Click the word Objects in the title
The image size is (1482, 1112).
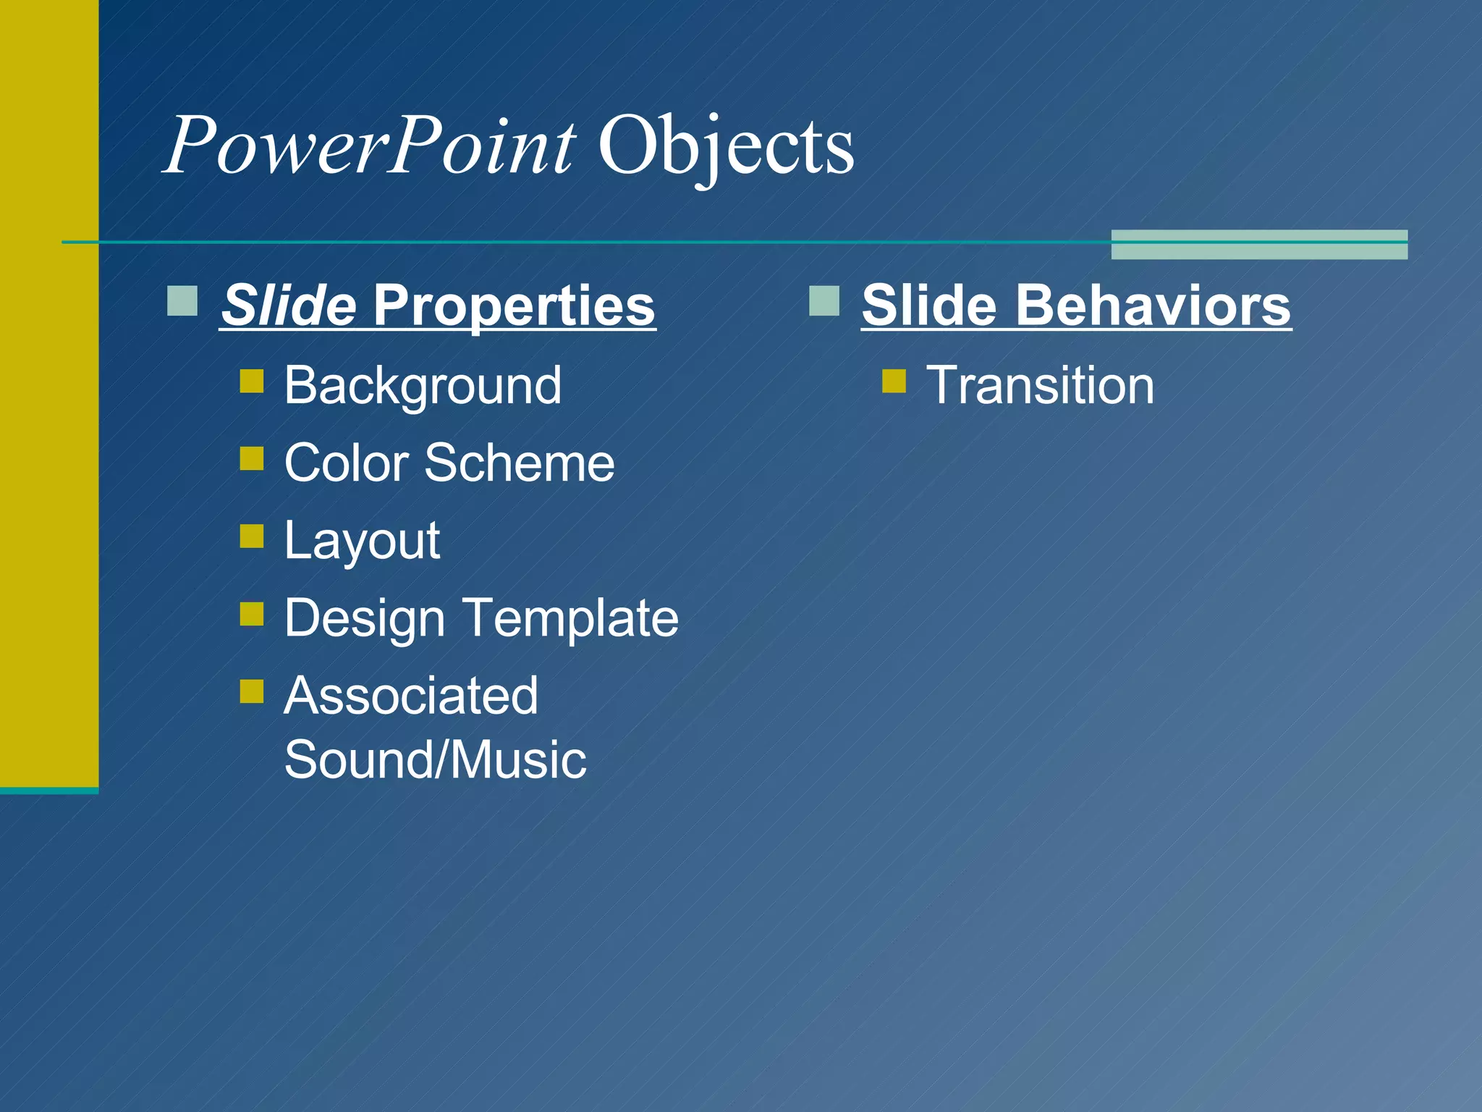pos(726,147)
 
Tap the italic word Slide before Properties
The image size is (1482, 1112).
pos(288,305)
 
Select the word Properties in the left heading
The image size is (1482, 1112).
pos(514,306)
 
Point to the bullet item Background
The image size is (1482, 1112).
pos(423,385)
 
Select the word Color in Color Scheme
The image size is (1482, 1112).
pos(347,463)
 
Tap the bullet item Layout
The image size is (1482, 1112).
pos(362,542)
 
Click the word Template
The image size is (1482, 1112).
pos(571,618)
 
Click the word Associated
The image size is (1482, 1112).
pos(411,696)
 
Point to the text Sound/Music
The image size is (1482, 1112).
pos(435,759)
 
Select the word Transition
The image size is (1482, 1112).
pos(1040,385)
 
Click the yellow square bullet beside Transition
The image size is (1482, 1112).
pos(894,381)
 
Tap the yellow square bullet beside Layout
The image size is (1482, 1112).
pos(252,536)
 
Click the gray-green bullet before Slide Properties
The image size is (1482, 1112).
pos(182,301)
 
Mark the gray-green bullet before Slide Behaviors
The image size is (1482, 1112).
pos(824,301)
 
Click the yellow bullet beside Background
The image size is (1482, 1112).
pos(252,381)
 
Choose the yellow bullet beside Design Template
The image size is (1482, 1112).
pos(252,614)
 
